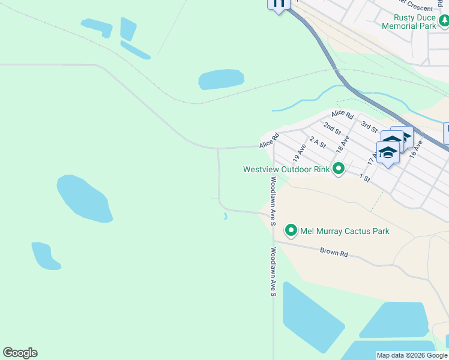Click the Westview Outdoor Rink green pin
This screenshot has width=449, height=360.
click(x=339, y=169)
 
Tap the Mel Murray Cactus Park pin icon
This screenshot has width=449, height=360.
click(x=291, y=230)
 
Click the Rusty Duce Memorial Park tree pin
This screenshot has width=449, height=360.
click(x=444, y=22)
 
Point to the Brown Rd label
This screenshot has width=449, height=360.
click(x=334, y=253)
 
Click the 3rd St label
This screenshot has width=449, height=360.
click(x=369, y=127)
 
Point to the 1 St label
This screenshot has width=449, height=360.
click(x=364, y=177)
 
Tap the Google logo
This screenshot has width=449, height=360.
click(x=20, y=353)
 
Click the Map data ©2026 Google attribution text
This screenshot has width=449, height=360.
click(x=412, y=355)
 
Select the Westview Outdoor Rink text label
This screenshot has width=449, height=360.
click(x=286, y=169)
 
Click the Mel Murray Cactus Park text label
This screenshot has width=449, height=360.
click(x=345, y=231)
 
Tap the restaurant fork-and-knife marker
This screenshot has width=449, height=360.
click(x=279, y=4)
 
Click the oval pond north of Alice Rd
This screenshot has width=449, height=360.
click(x=221, y=79)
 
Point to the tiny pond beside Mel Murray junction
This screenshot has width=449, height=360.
click(x=225, y=217)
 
